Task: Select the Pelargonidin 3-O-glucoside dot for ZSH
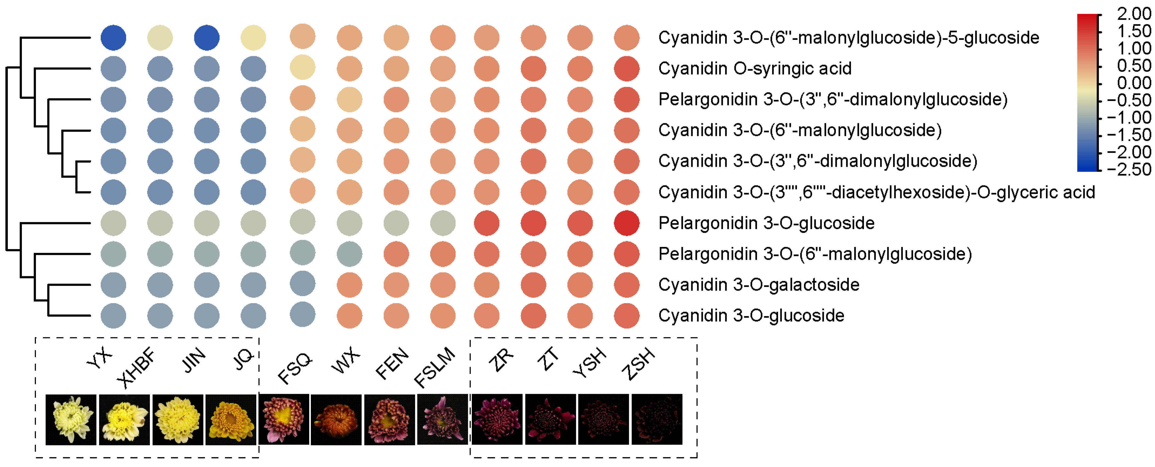pos(626,223)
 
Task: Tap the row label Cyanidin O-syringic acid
pos(755,69)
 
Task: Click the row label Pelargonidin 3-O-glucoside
pos(766,223)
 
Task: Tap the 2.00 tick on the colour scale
pos(1133,14)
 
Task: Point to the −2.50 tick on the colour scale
pos(1129,169)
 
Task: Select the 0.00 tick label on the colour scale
pos(1133,83)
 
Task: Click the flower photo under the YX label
pos(71,419)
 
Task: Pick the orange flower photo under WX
pos(336,419)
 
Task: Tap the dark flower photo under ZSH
pos(657,419)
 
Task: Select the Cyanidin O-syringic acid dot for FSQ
pos(303,67)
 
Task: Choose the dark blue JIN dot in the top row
pos(207,38)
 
